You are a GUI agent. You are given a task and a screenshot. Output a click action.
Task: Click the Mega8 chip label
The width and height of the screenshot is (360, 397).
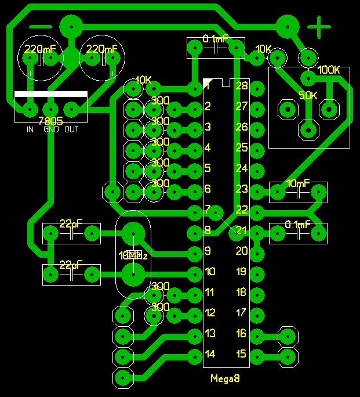(226, 378)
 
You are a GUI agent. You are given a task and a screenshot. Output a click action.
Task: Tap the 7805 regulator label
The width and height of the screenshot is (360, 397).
(50, 121)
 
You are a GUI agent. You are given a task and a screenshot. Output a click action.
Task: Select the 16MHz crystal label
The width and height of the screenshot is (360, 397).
(133, 255)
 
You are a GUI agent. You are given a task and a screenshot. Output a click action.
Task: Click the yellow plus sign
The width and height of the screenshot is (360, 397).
(318, 27)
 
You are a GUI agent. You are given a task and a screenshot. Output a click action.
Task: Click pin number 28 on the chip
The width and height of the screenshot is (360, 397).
(241, 86)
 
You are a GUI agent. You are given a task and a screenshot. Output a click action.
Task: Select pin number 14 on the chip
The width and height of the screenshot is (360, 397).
(210, 353)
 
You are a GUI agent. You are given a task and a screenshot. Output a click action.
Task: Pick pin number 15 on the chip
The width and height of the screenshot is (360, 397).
(241, 353)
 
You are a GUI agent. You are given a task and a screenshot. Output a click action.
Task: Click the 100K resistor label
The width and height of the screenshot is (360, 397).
(329, 70)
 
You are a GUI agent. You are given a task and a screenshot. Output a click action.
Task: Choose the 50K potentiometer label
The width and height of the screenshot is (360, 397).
(308, 95)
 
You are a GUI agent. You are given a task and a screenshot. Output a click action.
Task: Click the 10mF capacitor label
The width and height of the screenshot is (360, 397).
(299, 183)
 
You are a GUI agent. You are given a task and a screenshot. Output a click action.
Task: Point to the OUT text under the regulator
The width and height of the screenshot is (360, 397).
(71, 129)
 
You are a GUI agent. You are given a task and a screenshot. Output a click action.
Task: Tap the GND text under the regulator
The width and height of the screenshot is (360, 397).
(50, 129)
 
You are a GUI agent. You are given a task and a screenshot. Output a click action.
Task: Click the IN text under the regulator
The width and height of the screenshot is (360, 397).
(30, 129)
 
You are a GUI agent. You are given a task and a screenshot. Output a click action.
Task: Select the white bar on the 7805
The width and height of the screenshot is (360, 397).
(50, 94)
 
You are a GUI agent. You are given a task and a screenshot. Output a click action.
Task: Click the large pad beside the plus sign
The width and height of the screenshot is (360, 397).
(287, 26)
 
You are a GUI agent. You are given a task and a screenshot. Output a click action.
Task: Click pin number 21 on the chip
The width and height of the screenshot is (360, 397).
(241, 230)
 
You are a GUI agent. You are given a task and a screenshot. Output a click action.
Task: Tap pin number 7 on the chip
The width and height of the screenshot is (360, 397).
(207, 209)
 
